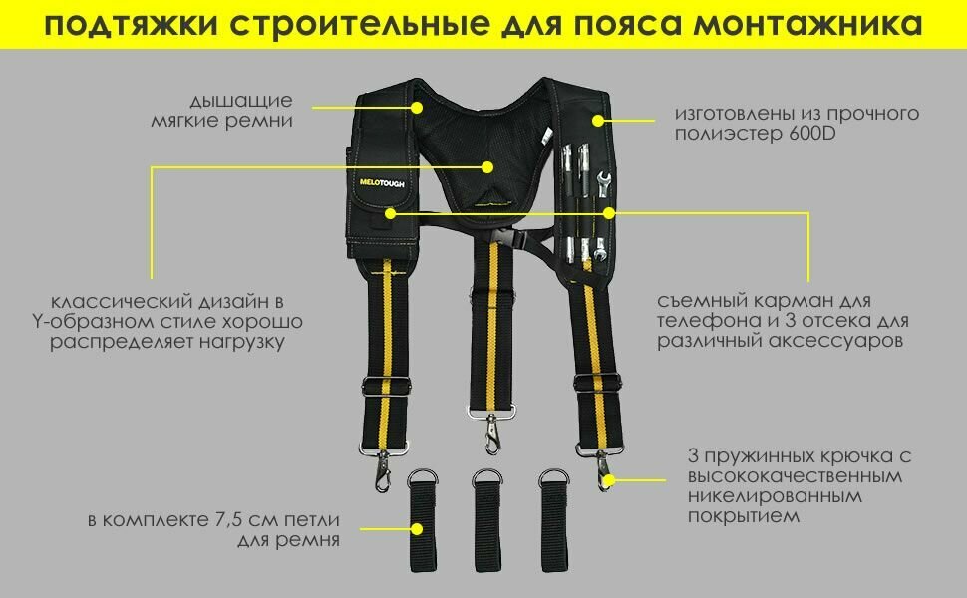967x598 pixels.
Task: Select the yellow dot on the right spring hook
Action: click(610, 479)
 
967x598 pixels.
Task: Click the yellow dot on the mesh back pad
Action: click(487, 166)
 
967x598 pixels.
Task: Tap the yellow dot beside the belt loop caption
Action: click(419, 531)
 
